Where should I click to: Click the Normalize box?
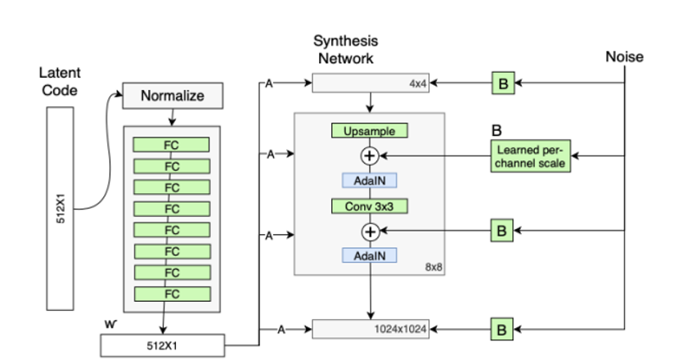[x=172, y=96]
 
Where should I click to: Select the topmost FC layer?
[x=172, y=145]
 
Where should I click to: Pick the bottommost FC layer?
[x=172, y=294]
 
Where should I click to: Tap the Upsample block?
[x=369, y=131]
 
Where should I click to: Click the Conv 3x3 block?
[x=369, y=207]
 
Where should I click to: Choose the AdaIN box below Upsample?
[x=369, y=179]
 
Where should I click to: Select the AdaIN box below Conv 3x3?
[x=369, y=256]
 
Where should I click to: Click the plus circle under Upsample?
[x=369, y=155]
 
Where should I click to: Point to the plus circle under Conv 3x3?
[x=369, y=232]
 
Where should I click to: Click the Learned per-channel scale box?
[x=532, y=155]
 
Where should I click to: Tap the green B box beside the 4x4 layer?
[x=502, y=83]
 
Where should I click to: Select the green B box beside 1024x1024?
[x=502, y=330]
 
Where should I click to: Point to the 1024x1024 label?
[x=401, y=330]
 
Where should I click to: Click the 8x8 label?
[x=434, y=267]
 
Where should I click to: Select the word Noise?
[x=624, y=56]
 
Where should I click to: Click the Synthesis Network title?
[x=346, y=49]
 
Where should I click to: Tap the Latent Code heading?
[x=59, y=82]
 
